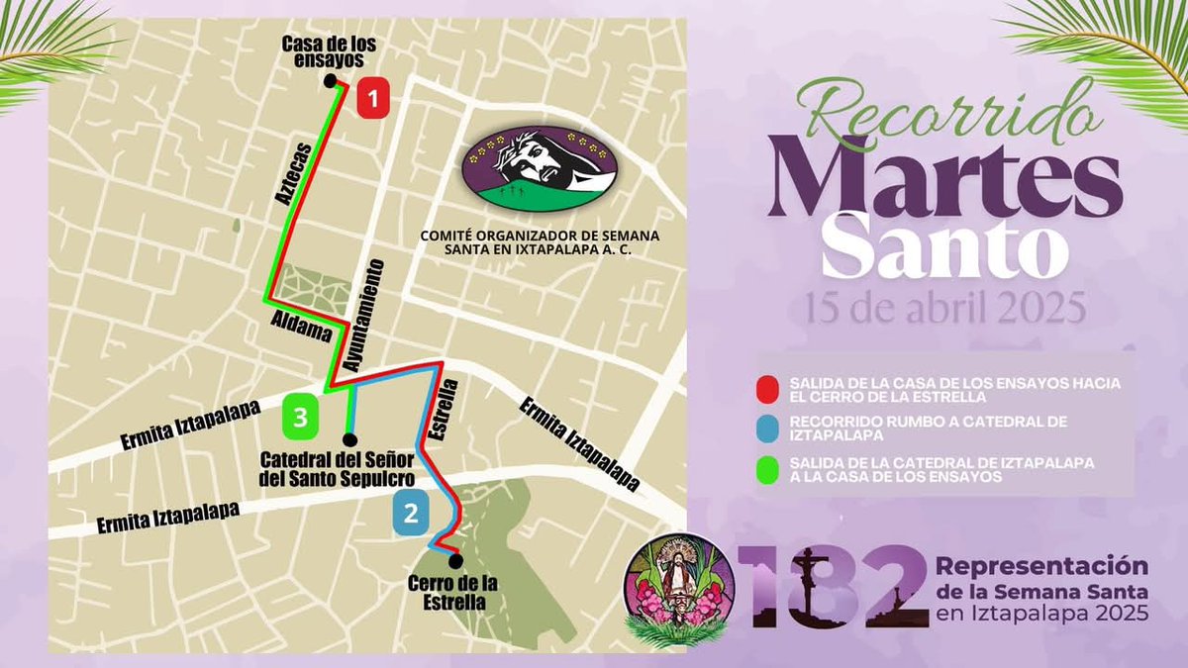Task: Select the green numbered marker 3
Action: click(x=300, y=417)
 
